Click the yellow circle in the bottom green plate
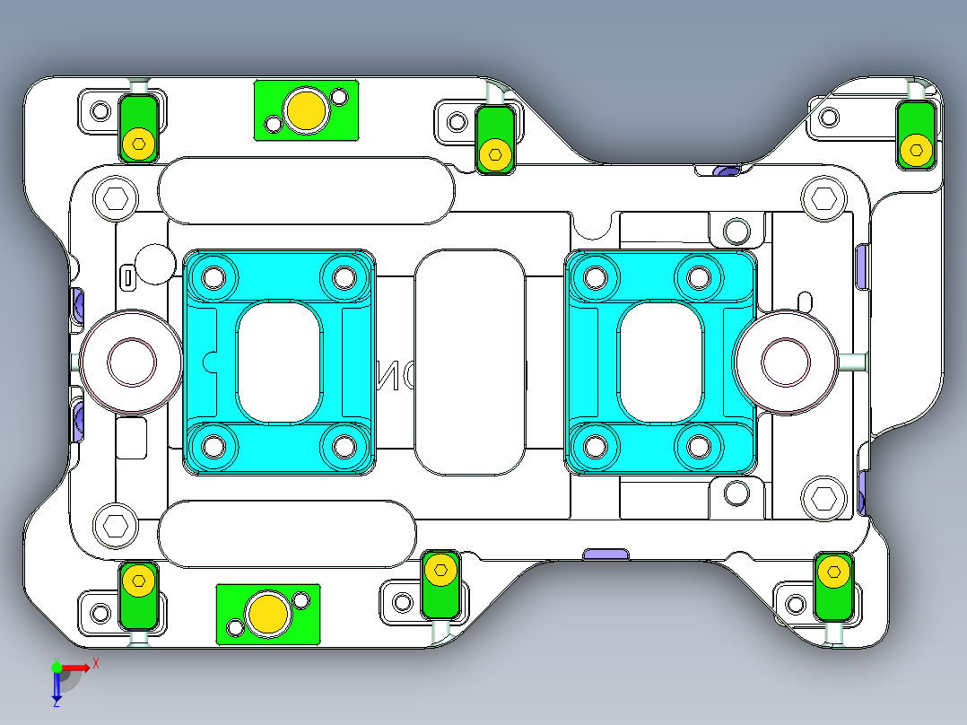coord(267,614)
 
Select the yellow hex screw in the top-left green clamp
coord(138,143)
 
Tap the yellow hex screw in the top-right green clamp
coord(916,150)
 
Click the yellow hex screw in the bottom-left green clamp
coord(138,581)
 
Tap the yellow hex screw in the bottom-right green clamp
coord(834,571)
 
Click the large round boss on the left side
coord(131,362)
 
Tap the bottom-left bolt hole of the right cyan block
coord(595,443)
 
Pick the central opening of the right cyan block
coord(660,361)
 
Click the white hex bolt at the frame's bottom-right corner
coord(823,496)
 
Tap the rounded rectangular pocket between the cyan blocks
coord(470,362)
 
